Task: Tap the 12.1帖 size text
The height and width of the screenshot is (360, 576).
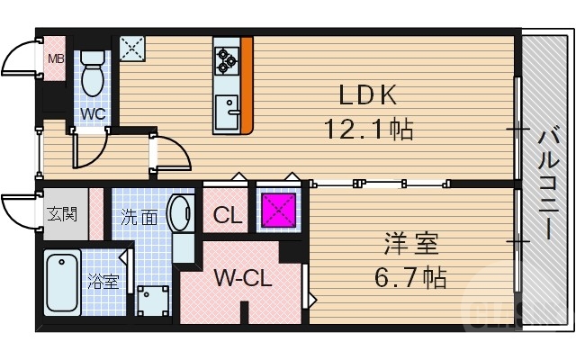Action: click(x=368, y=130)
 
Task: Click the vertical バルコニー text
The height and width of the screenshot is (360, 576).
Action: click(x=546, y=185)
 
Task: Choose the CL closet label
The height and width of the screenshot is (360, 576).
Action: click(x=227, y=216)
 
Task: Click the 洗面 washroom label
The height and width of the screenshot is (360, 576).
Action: click(x=139, y=217)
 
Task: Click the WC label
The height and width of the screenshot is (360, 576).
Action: click(x=94, y=114)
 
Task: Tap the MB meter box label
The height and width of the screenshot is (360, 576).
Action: click(x=56, y=59)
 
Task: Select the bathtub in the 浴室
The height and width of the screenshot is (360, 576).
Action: click(x=61, y=282)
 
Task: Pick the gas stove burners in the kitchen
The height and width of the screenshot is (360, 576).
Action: click(x=226, y=59)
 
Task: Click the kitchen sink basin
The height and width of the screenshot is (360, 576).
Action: click(x=228, y=113)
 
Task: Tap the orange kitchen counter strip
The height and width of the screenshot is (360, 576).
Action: click(x=247, y=85)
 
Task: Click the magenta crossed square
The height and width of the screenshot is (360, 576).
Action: click(x=278, y=211)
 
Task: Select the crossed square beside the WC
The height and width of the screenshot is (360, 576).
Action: click(x=132, y=49)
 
